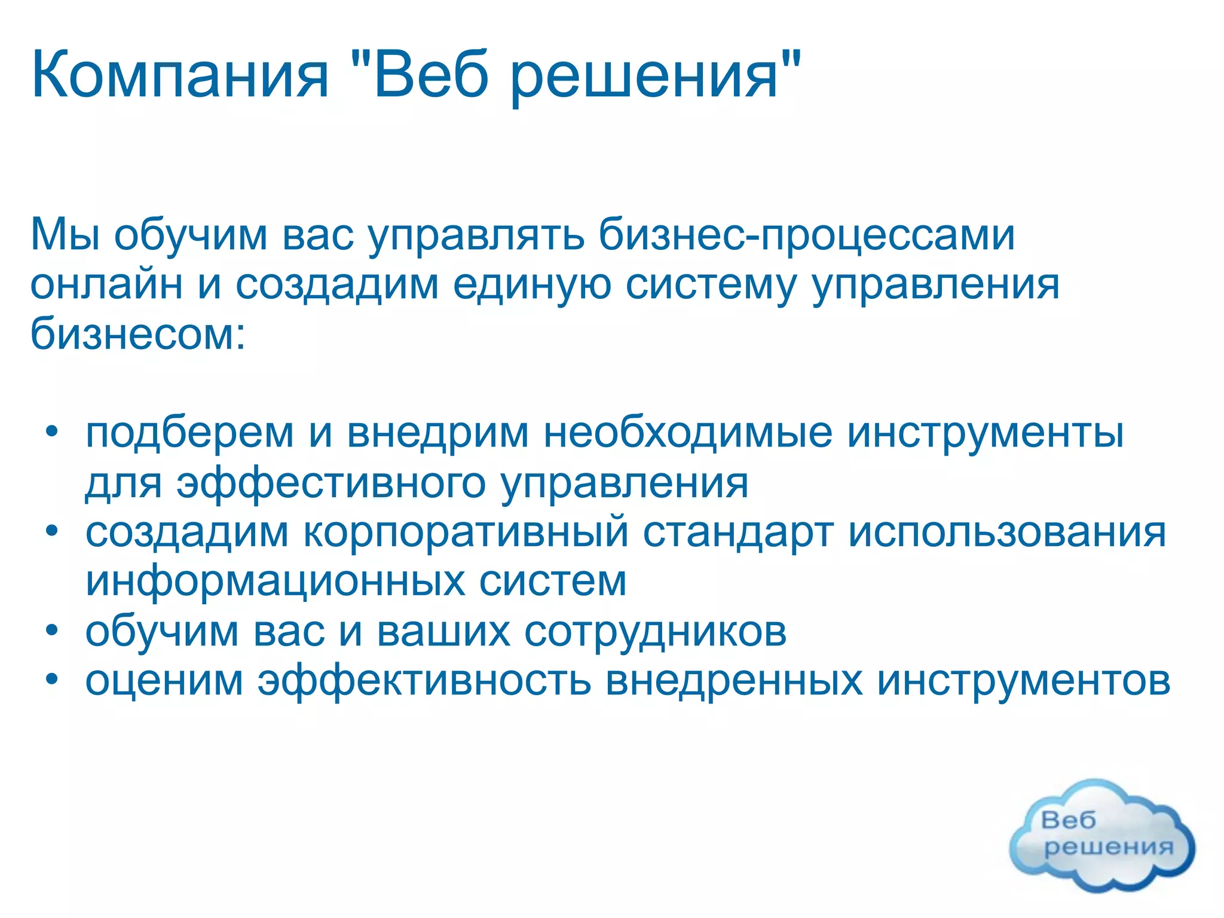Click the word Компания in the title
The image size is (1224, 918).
point(179,76)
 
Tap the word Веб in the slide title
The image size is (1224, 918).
point(431,76)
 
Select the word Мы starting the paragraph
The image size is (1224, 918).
point(65,235)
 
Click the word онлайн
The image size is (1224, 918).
point(106,284)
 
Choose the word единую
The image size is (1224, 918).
point(531,285)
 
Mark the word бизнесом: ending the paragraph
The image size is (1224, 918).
point(137,333)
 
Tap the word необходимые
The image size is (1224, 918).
point(687,432)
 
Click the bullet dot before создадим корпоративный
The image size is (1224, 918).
point(53,530)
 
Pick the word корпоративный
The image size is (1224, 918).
point(466,532)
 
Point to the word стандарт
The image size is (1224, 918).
point(738,532)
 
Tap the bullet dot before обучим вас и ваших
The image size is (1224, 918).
point(53,629)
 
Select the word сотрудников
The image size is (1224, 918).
point(655,632)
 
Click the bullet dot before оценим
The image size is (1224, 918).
point(53,680)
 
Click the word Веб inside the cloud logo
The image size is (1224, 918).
point(1068,820)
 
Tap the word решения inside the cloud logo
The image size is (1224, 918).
point(1108,847)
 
